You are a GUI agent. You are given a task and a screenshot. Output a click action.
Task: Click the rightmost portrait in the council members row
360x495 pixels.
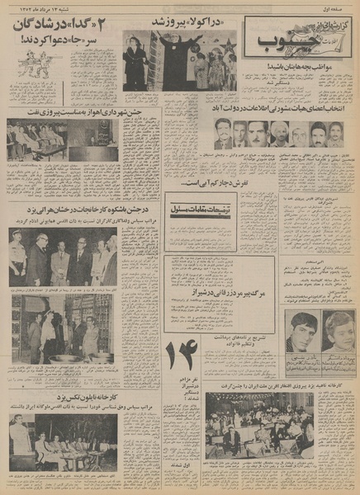pyautogui.click(x=336, y=134)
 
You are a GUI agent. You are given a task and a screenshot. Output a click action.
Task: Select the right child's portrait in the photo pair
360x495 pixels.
pyautogui.click(x=339, y=330)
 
